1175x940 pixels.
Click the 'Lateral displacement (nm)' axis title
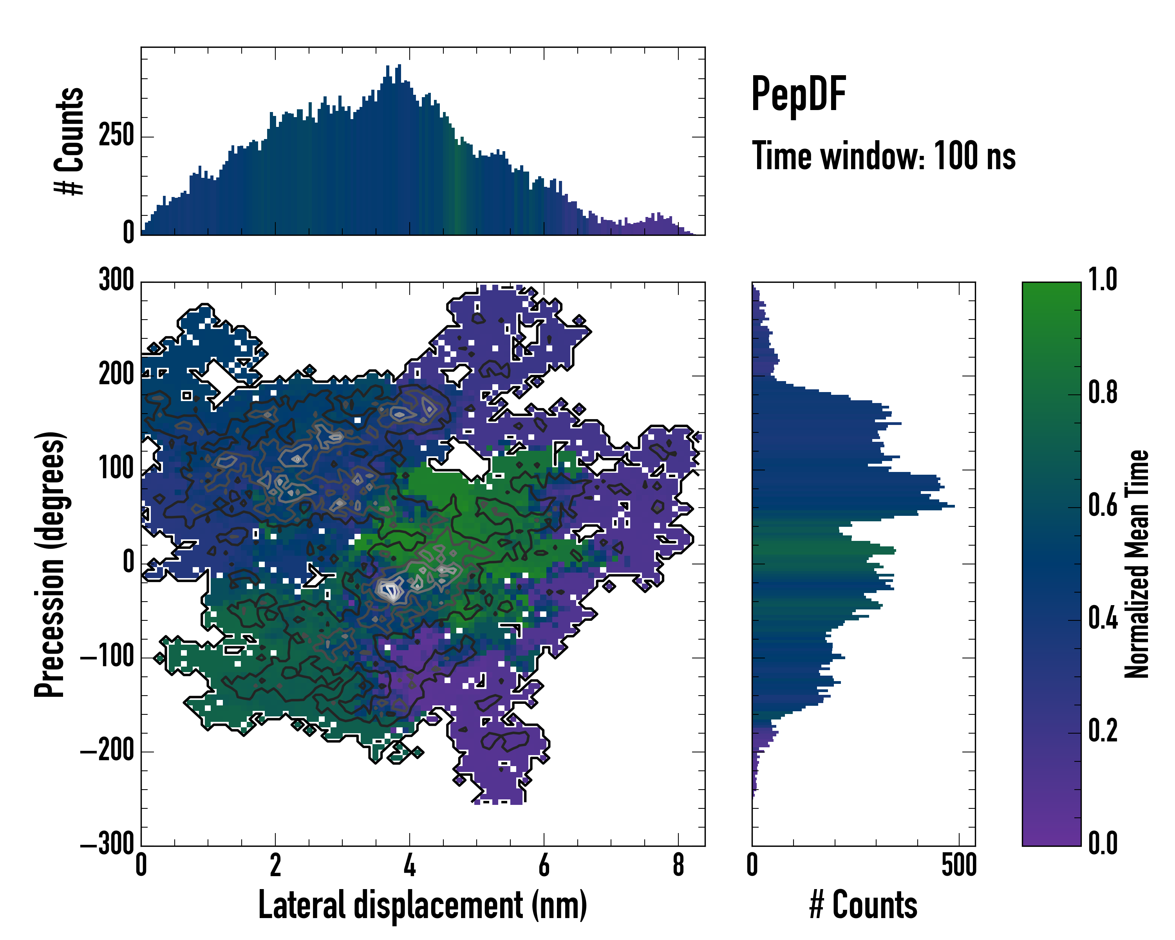(422, 905)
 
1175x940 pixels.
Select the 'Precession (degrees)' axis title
(50, 564)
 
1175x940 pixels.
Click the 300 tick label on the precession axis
(116, 281)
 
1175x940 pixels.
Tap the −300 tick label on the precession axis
(107, 845)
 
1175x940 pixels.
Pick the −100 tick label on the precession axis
(107, 657)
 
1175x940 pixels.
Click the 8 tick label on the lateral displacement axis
(678, 865)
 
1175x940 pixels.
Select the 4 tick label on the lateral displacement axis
(409, 865)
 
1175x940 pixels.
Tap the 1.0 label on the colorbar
(1103, 280)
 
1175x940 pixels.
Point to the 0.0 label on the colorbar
(1103, 844)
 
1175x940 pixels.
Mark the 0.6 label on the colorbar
(1103, 506)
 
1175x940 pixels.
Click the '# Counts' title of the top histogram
(70, 141)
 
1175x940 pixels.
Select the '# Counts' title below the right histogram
(863, 905)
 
